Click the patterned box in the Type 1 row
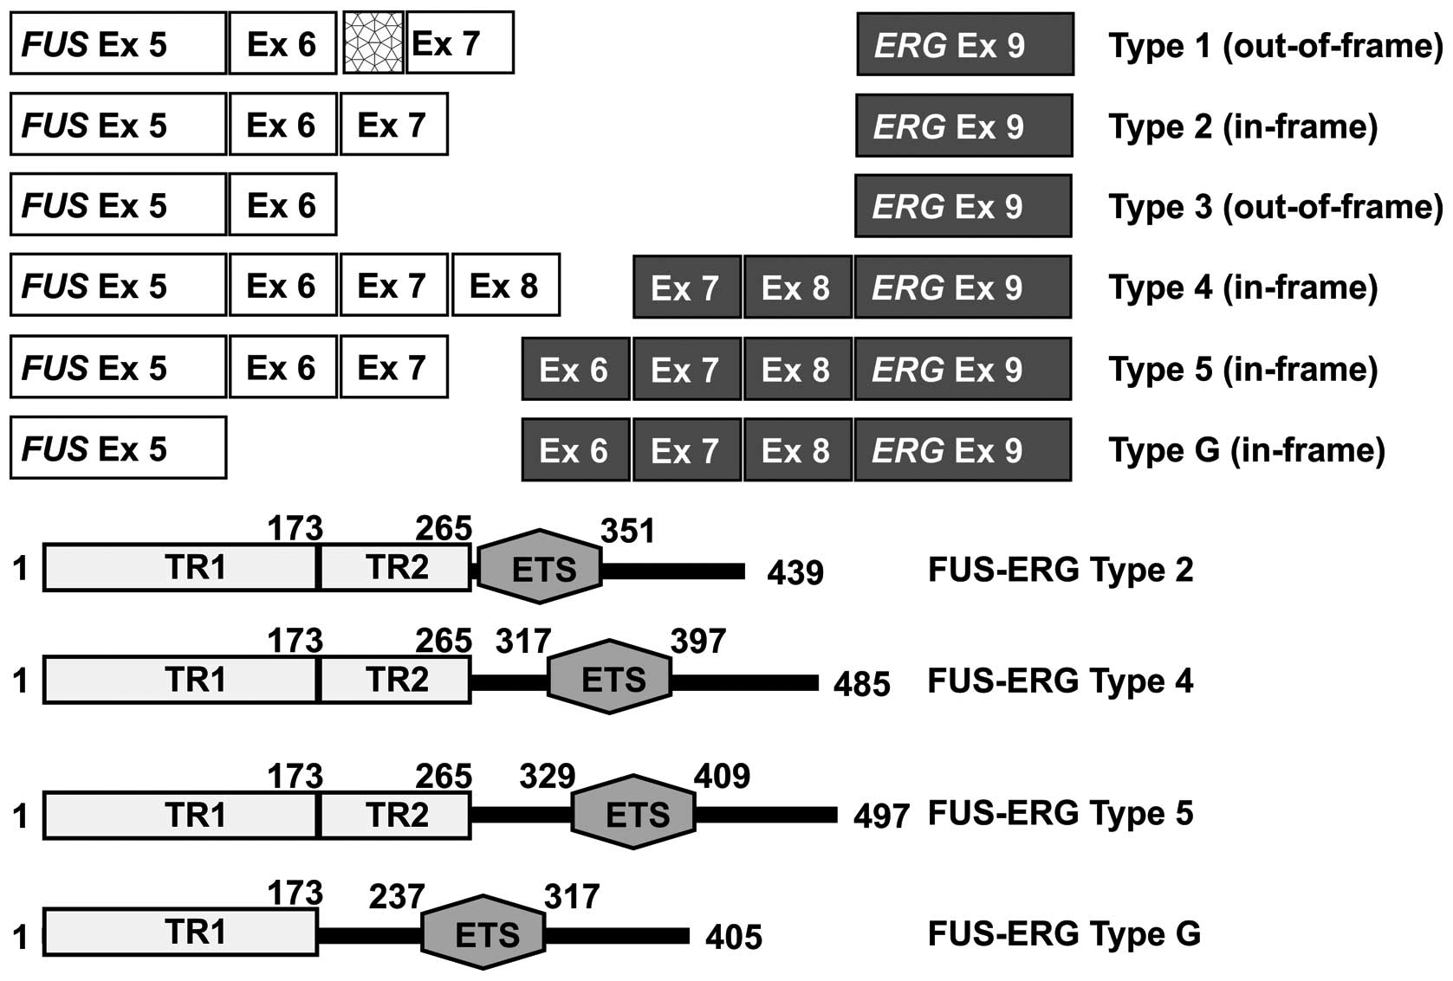tap(373, 42)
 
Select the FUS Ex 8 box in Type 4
tap(506, 285)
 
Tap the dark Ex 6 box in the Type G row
tap(574, 450)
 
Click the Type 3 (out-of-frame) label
tap(1275, 206)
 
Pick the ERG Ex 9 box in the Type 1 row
tap(964, 44)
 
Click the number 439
tap(795, 572)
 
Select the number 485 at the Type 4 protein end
tap(861, 684)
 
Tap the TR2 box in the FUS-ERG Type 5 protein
tap(397, 816)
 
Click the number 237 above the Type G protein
tap(397, 897)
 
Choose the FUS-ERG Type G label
tap(1064, 933)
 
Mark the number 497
tap(881, 816)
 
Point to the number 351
tap(627, 531)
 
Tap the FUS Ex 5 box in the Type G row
tap(118, 449)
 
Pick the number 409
tap(722, 776)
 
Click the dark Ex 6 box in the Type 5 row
tap(574, 370)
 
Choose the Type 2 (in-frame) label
tap(1242, 126)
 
